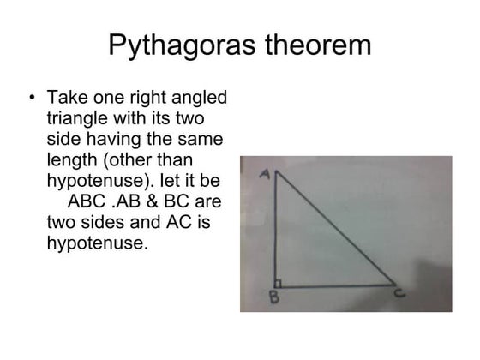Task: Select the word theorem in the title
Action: [x=311, y=45]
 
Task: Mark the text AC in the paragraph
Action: [x=177, y=223]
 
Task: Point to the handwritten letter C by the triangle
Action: [x=400, y=293]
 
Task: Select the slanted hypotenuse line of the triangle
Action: [x=336, y=229]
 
